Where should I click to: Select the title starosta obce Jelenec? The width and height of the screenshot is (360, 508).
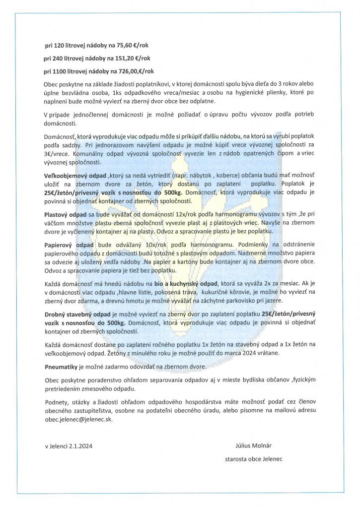point(254,459)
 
